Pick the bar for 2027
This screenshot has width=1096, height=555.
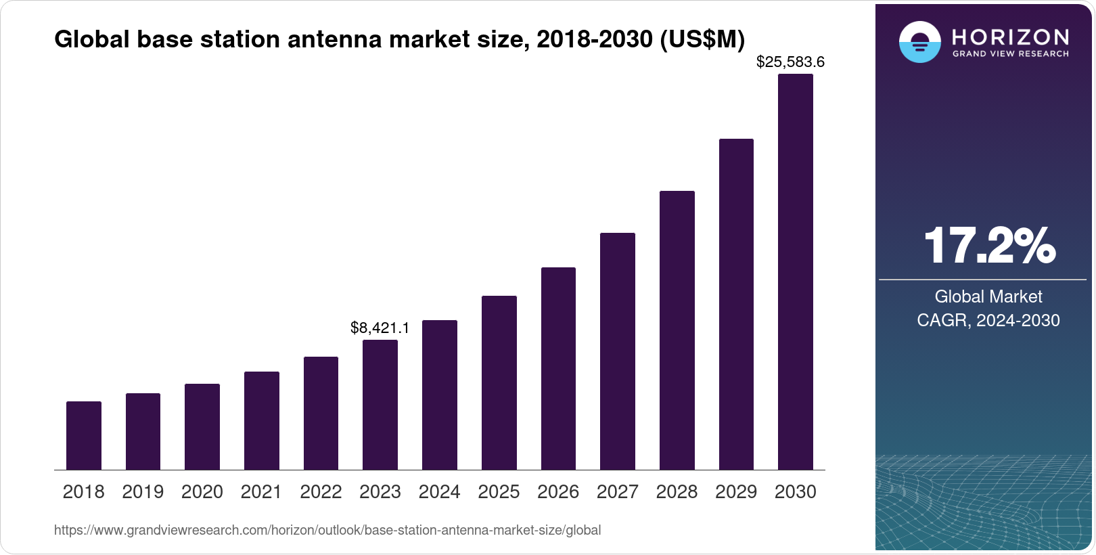coord(618,351)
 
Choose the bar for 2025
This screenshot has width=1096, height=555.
coord(499,382)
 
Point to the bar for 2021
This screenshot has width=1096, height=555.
coord(262,420)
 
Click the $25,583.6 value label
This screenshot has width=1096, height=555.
coord(790,62)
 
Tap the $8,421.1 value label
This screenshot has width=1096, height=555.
coord(380,328)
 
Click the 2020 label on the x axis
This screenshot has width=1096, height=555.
coord(202,492)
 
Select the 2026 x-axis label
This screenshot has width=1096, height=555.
coord(558,492)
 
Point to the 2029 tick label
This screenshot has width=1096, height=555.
coord(736,492)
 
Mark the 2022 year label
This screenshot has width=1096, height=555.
coord(321,492)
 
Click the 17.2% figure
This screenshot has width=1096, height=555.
coord(988,246)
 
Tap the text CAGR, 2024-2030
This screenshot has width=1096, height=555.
coord(988,320)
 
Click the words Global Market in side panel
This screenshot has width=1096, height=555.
coord(988,296)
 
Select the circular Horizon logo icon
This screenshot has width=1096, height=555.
coord(919,42)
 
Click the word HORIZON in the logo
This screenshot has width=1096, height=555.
coord(1011,37)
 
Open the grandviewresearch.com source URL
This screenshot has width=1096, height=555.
coord(327,530)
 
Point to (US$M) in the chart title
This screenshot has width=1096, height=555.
coord(702,39)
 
